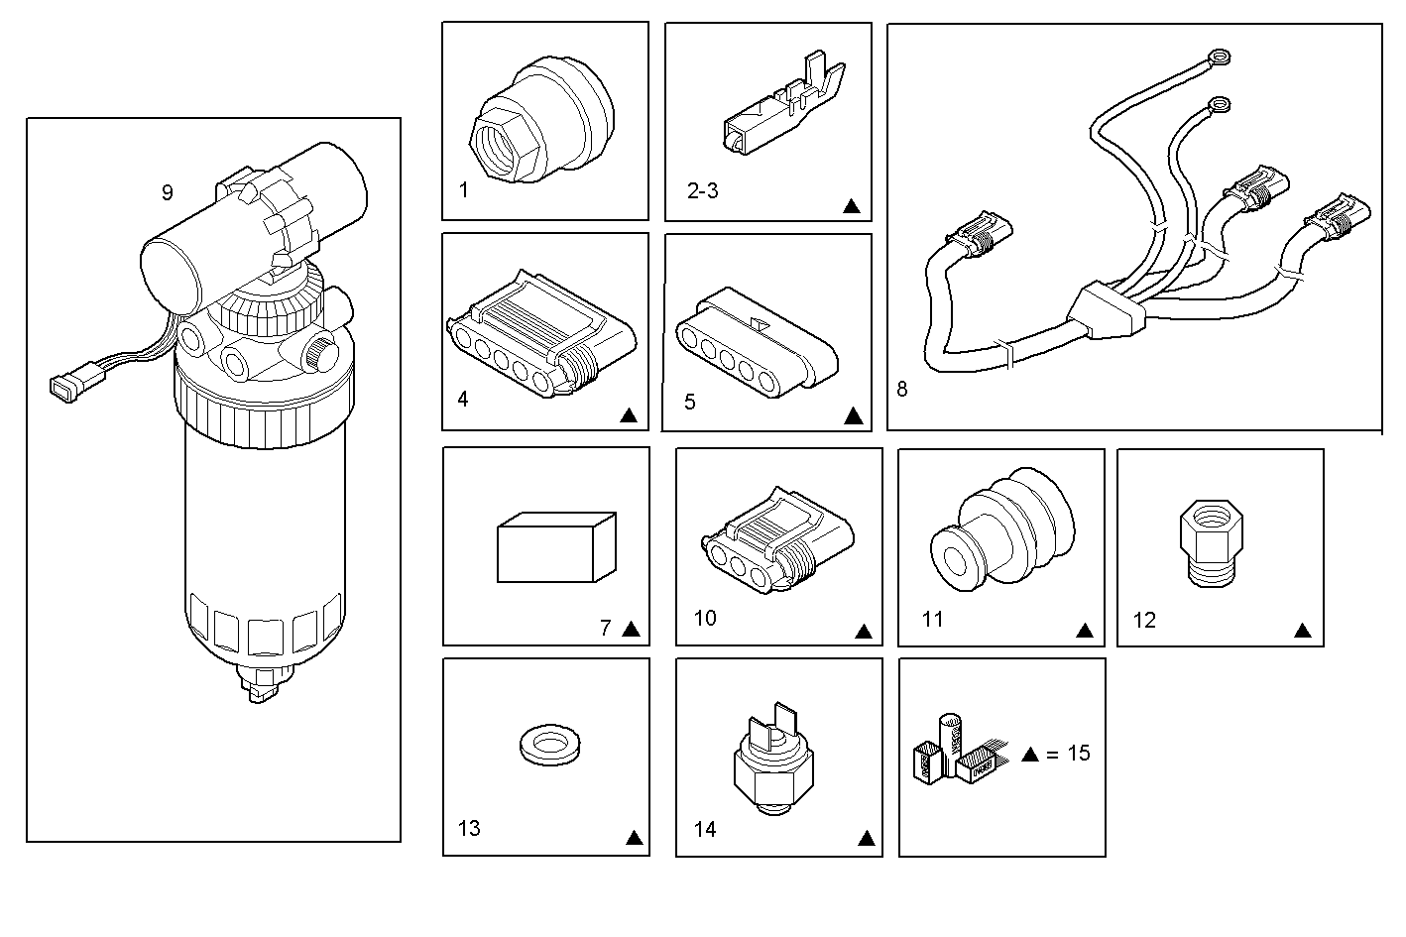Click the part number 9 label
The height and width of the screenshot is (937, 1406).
(167, 192)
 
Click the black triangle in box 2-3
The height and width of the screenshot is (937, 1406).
(851, 207)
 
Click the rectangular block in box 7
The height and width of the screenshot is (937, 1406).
(555, 546)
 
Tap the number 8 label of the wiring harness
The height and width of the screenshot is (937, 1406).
(901, 389)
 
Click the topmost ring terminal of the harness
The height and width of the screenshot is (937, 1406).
(1217, 59)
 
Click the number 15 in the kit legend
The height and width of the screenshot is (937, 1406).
(1078, 754)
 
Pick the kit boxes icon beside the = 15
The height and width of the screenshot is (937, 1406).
(951, 752)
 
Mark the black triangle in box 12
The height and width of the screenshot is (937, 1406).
(1303, 631)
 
